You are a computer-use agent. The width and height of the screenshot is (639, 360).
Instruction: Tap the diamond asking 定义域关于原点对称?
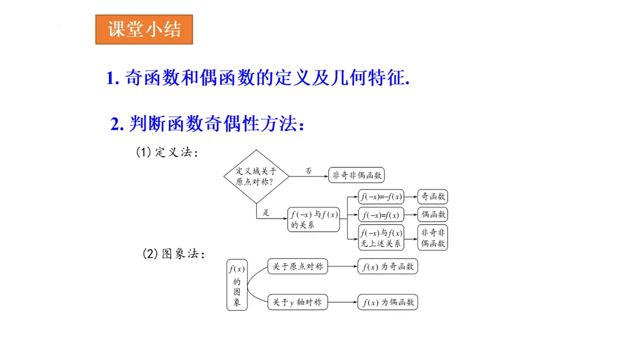point(256,176)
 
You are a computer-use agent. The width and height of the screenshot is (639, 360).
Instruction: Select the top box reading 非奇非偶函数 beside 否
point(357,175)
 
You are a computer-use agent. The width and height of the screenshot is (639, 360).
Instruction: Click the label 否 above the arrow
point(309,171)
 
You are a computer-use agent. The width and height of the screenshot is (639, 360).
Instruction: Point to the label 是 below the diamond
point(266,213)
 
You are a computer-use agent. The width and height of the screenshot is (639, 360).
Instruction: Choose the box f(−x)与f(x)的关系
point(314,219)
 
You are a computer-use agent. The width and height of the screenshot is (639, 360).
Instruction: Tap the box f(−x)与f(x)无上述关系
point(381,238)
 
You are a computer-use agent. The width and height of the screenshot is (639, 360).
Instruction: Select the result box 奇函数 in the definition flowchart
point(433,197)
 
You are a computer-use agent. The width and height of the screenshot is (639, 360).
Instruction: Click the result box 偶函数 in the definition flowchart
point(433,214)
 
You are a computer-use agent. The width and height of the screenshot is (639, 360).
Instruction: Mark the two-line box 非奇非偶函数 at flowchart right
point(433,238)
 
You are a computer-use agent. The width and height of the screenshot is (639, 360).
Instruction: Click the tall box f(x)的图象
point(237,285)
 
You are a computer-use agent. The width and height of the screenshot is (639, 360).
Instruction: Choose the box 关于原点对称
point(298,267)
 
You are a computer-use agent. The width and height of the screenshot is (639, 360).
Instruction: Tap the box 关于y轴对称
point(298,302)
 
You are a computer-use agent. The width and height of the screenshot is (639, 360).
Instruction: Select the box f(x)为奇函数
point(388,267)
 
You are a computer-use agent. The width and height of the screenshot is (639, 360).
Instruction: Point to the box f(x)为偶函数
point(388,302)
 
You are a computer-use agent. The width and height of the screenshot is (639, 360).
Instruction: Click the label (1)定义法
point(167,152)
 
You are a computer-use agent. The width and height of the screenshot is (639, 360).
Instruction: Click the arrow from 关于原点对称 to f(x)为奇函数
point(343,267)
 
